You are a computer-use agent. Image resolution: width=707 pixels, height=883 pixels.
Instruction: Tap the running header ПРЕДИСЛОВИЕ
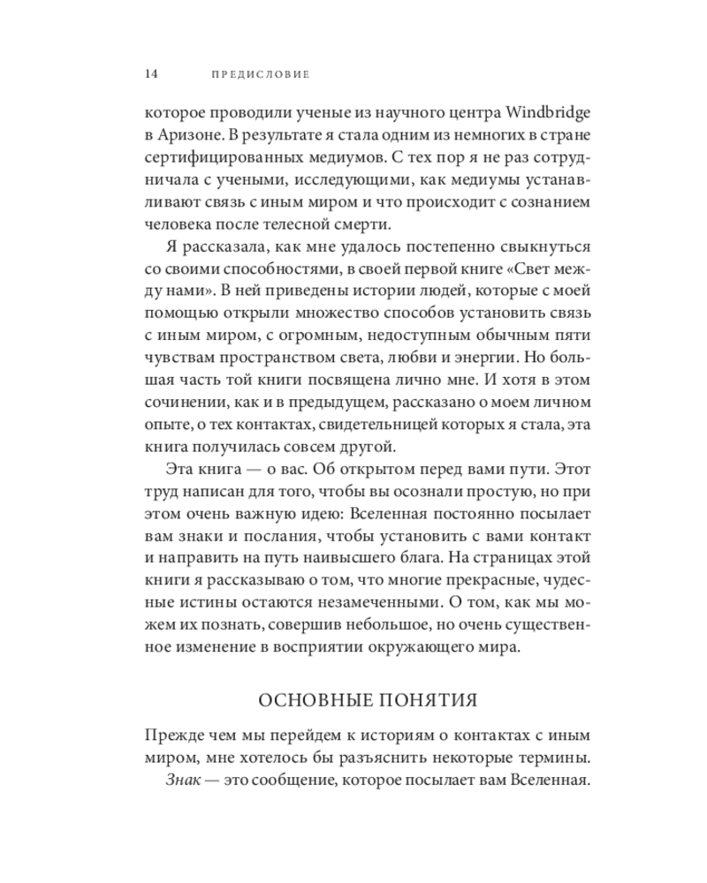(261, 75)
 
